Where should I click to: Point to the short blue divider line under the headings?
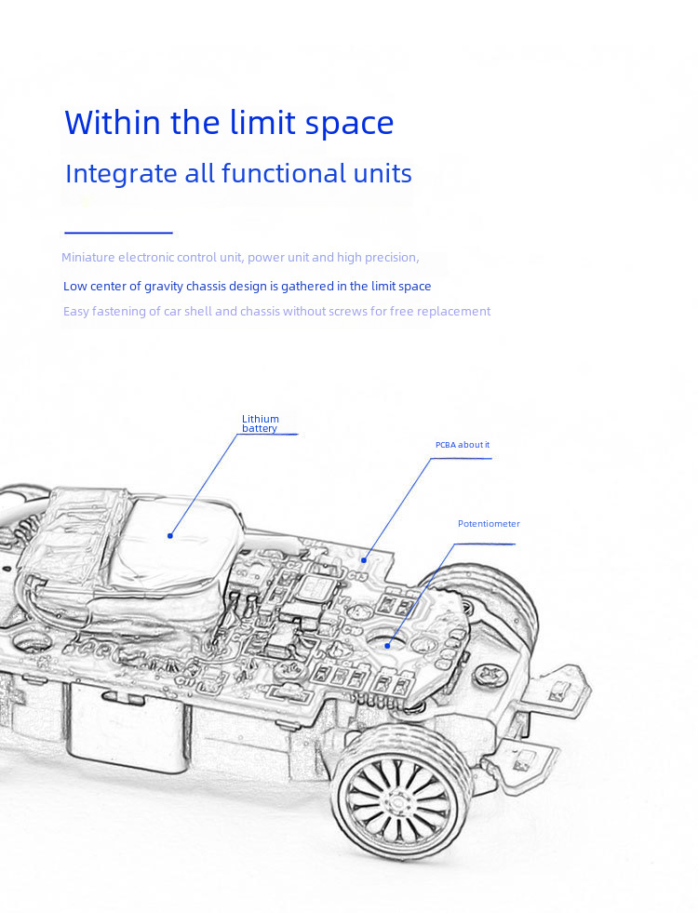coord(118,233)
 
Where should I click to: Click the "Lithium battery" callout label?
coord(260,423)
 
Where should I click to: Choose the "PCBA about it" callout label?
coord(462,445)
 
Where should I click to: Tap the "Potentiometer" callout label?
coord(488,524)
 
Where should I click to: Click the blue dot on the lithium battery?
coord(170,535)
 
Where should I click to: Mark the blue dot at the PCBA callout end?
coord(364,559)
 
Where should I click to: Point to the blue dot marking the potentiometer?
coord(389,639)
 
